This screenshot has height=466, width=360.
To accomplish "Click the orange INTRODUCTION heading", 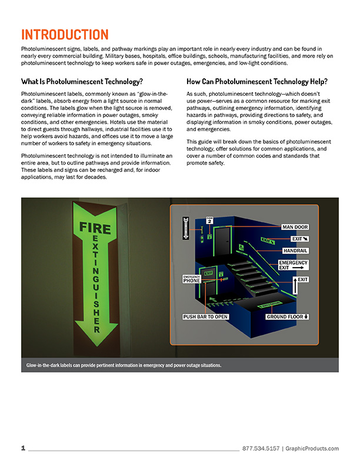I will pyautogui.click(x=65, y=34).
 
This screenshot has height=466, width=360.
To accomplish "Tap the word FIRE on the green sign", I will pyautogui.click(x=95, y=227).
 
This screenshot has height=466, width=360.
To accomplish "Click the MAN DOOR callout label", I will pyautogui.click(x=294, y=227).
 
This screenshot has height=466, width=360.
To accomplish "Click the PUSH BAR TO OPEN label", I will pyautogui.click(x=205, y=317).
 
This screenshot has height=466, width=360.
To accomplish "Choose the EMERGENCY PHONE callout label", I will pyautogui.click(x=192, y=279).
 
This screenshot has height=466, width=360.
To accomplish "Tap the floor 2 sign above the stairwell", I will pyautogui.click(x=208, y=221).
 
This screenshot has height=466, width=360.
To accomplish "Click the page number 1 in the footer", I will pyautogui.click(x=23, y=448).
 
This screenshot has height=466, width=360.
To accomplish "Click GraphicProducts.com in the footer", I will pyautogui.click(x=312, y=449).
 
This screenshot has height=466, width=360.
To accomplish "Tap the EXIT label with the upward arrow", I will pyautogui.click(x=300, y=279).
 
